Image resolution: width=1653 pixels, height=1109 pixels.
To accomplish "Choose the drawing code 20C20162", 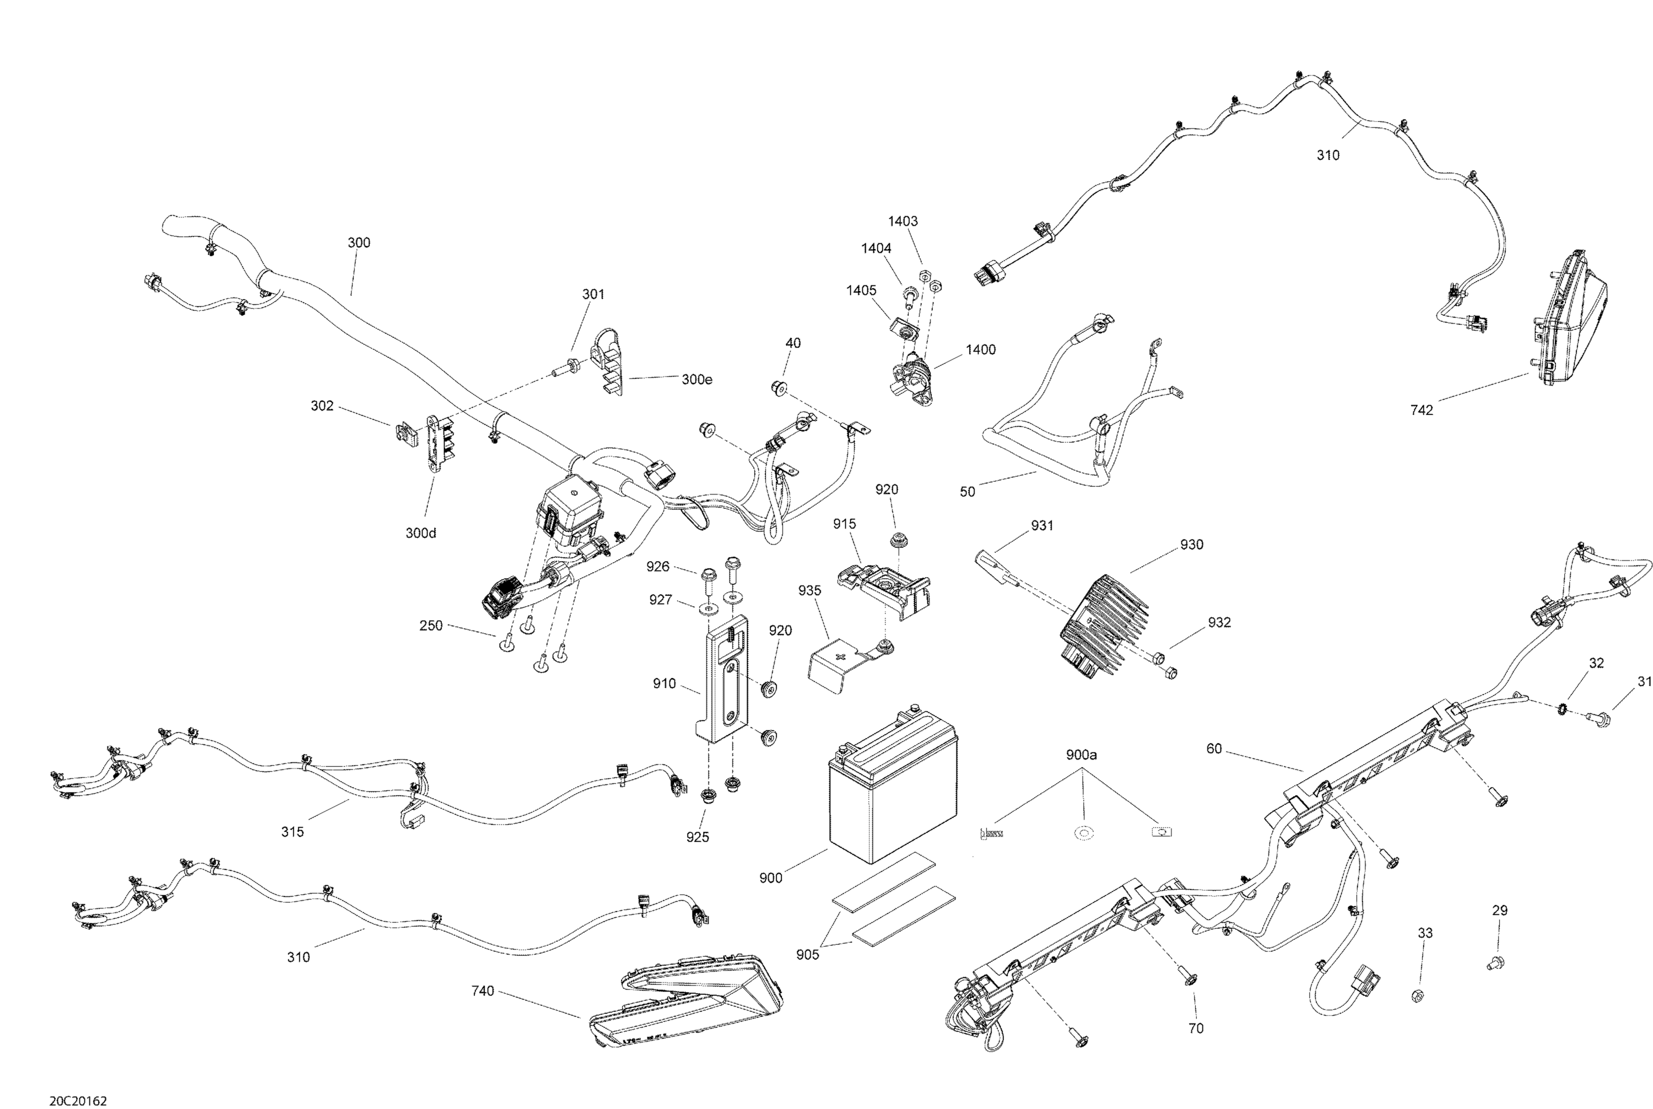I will tap(78, 1101).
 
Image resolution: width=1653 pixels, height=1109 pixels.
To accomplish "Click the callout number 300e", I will tap(696, 380).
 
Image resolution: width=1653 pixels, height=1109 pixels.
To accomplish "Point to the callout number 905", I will tap(807, 955).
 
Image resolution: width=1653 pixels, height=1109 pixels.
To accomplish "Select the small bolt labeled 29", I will tap(1495, 962).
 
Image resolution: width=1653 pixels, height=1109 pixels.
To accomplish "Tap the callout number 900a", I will tap(1081, 755).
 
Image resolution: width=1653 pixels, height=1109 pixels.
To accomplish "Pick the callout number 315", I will tap(292, 832).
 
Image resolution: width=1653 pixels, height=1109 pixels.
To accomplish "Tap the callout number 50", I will tap(967, 492).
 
